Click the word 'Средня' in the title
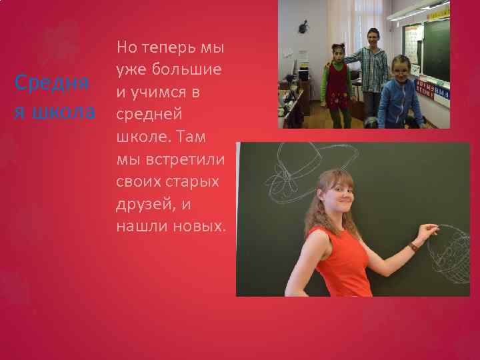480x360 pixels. click(51, 83)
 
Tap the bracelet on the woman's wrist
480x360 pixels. click(414, 247)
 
